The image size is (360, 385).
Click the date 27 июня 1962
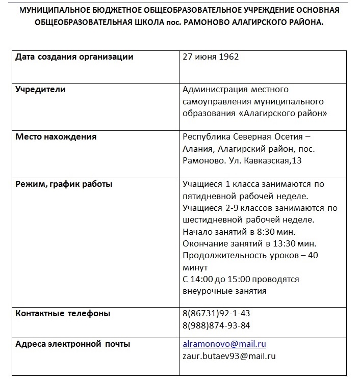coord(210,57)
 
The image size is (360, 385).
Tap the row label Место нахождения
coord(56,137)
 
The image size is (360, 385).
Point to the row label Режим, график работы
coord(64,184)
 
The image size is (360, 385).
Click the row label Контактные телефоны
coord(63,314)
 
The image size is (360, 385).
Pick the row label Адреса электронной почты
coord(72,344)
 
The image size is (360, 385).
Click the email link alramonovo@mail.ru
coord(224,344)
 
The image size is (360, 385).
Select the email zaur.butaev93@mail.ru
coord(229,356)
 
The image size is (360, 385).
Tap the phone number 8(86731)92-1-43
coord(216,314)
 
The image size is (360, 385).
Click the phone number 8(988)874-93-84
coord(216,325)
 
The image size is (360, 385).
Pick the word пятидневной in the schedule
coord(210,196)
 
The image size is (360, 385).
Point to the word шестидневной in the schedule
coord(212,220)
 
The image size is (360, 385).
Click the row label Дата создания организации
coord(74,57)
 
